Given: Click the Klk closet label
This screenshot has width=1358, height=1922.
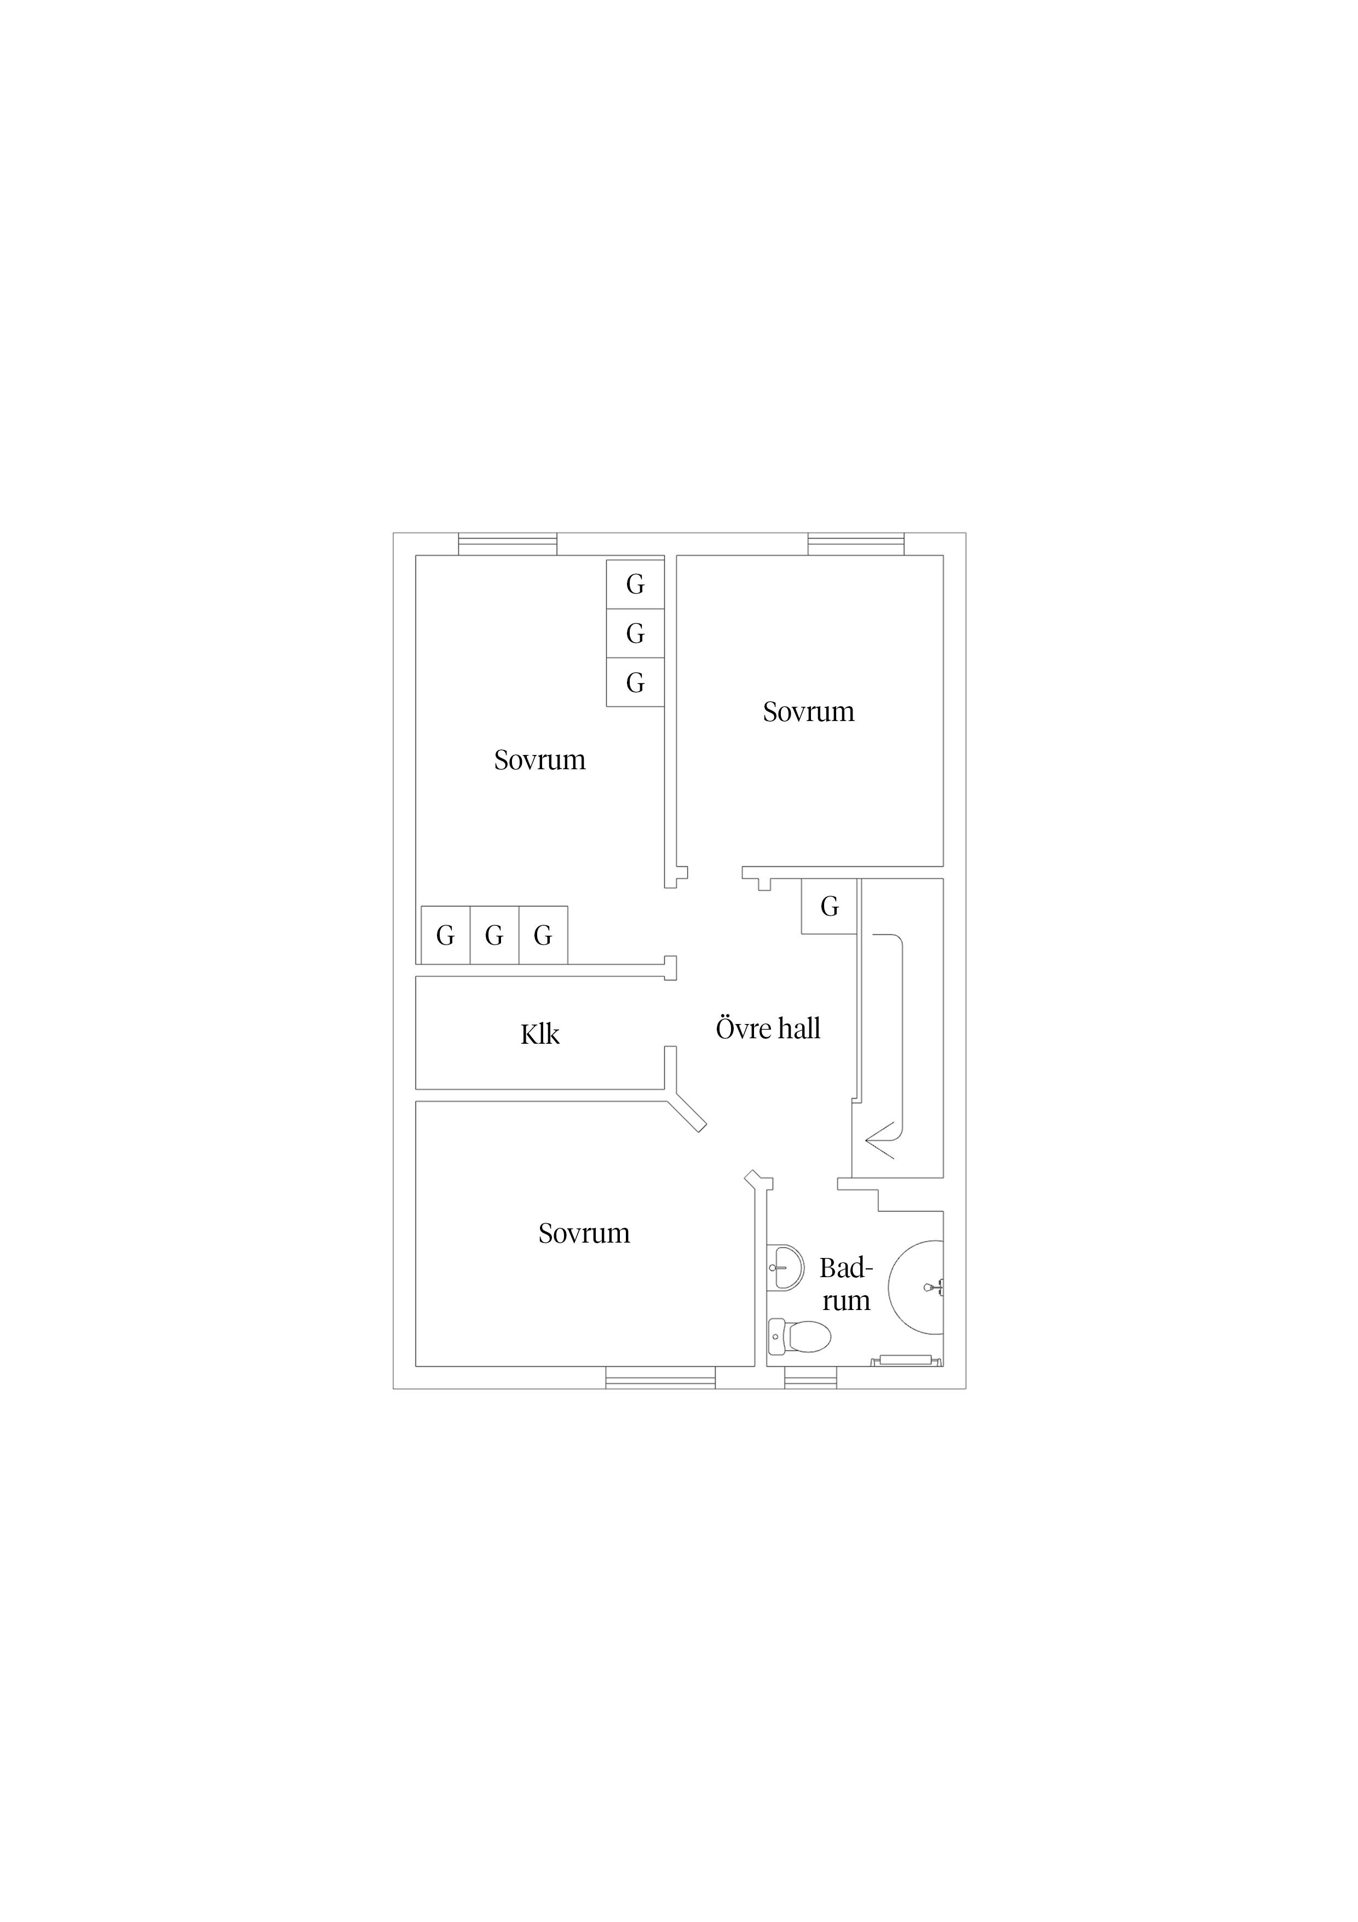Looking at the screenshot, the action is click(x=540, y=1034).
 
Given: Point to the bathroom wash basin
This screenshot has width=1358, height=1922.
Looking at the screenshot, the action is click(x=785, y=1267).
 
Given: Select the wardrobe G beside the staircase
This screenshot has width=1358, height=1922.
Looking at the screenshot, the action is click(x=829, y=907).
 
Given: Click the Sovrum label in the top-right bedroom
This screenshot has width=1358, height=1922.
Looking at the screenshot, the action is click(x=808, y=712).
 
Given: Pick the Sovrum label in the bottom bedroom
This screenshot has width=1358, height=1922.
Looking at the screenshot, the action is click(x=584, y=1234).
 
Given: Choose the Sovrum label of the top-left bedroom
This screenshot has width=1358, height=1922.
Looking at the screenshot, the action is click(x=540, y=760).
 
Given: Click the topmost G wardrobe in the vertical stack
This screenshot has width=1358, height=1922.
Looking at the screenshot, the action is click(x=635, y=584).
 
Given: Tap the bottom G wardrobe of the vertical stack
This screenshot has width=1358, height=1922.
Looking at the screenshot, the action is click(x=635, y=682).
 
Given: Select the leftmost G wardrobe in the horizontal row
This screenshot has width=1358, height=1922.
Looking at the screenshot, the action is click(x=445, y=935).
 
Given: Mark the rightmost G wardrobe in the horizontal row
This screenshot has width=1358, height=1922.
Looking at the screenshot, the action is click(x=543, y=935).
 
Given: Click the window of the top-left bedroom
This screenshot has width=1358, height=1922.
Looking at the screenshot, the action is click(x=508, y=544).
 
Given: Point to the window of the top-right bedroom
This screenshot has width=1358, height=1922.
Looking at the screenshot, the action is click(x=856, y=544).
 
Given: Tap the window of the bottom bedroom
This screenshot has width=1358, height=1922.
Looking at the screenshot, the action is click(x=660, y=1378).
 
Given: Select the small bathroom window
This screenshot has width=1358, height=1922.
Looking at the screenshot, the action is click(x=811, y=1378).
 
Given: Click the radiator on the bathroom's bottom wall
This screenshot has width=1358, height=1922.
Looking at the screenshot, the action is click(x=906, y=1361).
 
